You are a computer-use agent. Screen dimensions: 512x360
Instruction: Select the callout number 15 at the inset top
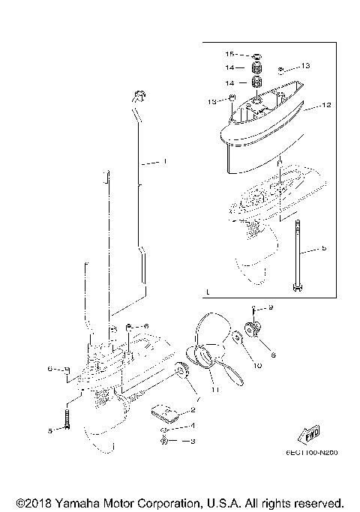coord(230,55)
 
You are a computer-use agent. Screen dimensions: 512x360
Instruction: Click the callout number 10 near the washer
coord(258,367)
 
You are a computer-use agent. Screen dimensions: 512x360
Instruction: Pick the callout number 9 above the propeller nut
coord(271,307)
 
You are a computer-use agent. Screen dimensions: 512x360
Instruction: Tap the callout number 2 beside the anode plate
coord(193,409)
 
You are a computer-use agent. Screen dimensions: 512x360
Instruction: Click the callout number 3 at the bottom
coord(192,442)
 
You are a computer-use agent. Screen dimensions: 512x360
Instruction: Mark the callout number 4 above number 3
coord(193,427)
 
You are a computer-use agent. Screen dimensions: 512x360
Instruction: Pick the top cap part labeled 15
coord(256,55)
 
